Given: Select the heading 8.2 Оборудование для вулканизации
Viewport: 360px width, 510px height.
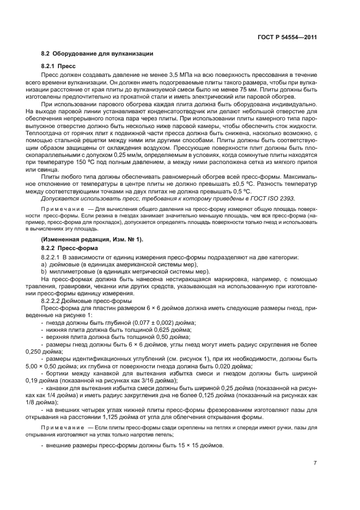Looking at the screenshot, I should (97, 54).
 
